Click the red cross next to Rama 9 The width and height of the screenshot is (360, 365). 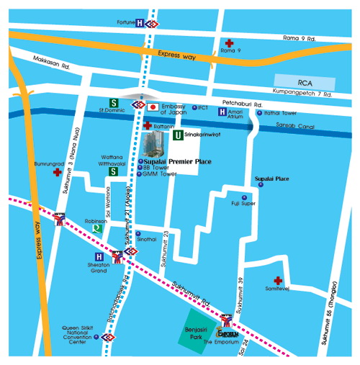[230, 43]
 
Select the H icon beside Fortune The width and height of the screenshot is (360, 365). [140, 23]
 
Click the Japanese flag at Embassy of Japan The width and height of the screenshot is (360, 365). [153, 107]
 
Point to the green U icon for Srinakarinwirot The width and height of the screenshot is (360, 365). [176, 135]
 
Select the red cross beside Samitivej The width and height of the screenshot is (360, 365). [277, 280]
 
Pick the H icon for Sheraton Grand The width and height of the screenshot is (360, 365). [99, 256]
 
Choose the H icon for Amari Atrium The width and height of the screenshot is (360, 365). [222, 112]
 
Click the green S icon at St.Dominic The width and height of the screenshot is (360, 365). [113, 102]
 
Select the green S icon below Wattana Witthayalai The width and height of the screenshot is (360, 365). [113, 171]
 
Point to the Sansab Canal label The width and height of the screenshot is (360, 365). [293, 126]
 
